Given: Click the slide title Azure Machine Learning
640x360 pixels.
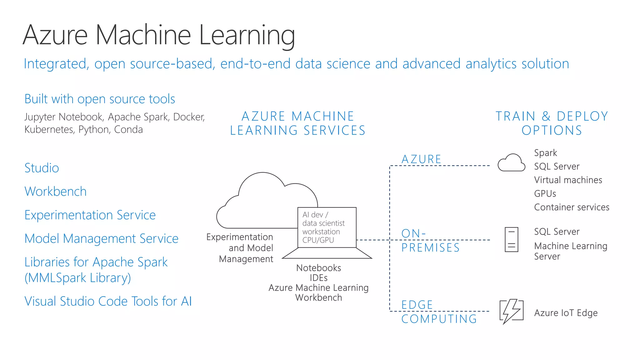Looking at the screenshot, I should (x=159, y=35).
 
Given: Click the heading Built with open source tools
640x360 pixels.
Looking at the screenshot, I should (x=100, y=99).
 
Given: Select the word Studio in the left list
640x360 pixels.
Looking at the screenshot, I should (x=42, y=168).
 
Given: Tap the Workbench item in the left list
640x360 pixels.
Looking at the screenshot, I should (x=55, y=192).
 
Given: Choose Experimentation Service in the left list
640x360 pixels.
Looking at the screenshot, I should (x=90, y=215).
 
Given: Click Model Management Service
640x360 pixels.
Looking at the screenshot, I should (x=101, y=239).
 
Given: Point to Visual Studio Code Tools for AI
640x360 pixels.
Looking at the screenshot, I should (x=108, y=301).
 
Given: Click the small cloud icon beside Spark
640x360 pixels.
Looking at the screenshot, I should (x=511, y=163).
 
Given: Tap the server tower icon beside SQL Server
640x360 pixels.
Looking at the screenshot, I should (x=511, y=240).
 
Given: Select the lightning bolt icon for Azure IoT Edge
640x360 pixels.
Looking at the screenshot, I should (x=511, y=311).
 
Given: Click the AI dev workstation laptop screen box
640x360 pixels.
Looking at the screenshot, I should (x=327, y=227).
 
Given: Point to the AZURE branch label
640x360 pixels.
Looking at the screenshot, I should (x=421, y=159).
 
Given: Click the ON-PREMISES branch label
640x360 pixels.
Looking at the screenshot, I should (x=430, y=240).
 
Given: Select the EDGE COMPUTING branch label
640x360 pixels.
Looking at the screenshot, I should (x=439, y=312).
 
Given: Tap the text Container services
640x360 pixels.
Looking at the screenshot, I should (x=572, y=207).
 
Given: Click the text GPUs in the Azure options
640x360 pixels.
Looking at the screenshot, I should (x=545, y=194).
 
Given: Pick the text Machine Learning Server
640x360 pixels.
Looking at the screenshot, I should (x=570, y=251).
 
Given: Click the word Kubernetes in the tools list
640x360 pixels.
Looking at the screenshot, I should (x=49, y=130).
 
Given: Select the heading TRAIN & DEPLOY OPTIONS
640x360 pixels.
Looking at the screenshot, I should (x=552, y=123).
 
